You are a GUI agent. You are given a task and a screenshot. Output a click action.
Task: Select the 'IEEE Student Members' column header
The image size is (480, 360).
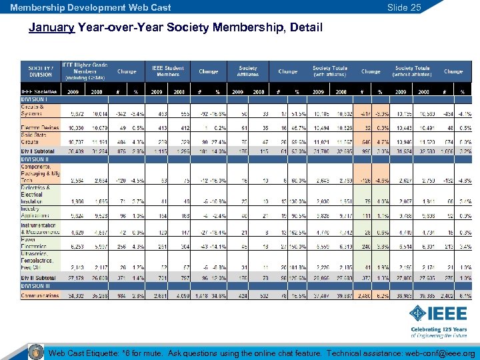click(168, 71)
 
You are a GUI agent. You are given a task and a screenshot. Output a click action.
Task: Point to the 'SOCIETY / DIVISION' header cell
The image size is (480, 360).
click(41, 71)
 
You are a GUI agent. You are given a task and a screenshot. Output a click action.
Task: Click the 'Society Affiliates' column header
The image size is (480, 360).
click(247, 71)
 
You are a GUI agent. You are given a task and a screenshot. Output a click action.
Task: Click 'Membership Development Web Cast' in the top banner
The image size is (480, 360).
click(90, 7)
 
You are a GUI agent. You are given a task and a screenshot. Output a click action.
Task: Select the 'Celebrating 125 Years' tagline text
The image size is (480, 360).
click(439, 330)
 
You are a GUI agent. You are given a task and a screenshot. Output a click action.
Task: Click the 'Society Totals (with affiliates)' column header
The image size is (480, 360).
click(329, 71)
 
